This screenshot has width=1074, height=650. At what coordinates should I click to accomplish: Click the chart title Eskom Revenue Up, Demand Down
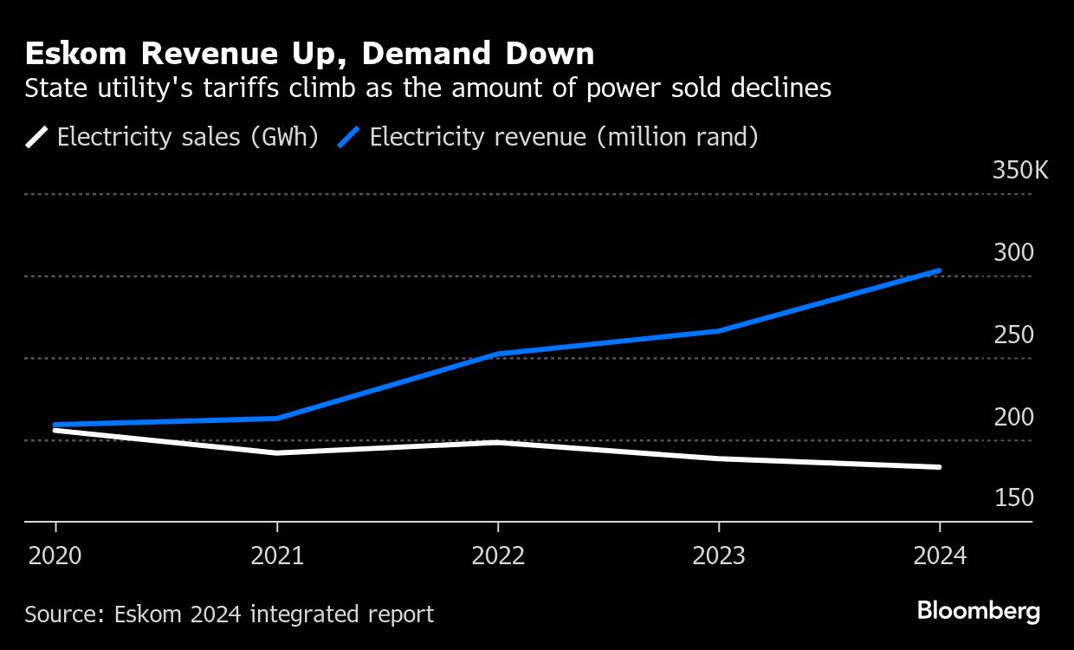coord(309,55)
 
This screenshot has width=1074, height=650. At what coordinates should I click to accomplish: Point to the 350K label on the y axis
coord(1019,170)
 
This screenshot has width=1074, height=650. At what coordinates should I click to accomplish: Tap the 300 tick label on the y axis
coord(1013,252)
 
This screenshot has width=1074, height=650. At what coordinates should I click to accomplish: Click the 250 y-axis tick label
coord(1013,335)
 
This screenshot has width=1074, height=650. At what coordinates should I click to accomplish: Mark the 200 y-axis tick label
coord(1013,417)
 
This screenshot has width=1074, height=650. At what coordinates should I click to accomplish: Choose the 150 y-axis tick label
coord(1013,498)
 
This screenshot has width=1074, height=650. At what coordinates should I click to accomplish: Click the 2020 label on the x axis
coord(55,556)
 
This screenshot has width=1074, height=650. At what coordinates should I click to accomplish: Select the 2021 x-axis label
coord(277,556)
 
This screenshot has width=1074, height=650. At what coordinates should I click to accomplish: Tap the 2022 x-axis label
coord(498,556)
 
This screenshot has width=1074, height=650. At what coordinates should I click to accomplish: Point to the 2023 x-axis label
coord(719,556)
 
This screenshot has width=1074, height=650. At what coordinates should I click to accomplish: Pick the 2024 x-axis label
coord(940,556)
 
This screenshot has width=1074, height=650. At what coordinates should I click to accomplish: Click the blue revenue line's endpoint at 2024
coord(939,271)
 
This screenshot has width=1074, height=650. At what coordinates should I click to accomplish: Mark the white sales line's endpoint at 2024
coord(939,467)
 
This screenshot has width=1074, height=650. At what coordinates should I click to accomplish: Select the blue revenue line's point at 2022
coord(498,354)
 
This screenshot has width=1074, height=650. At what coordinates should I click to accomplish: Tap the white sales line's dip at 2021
coord(277,452)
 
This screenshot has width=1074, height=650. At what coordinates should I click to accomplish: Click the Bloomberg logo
coord(978,611)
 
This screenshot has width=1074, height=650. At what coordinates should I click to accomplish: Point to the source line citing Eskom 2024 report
coord(229,614)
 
